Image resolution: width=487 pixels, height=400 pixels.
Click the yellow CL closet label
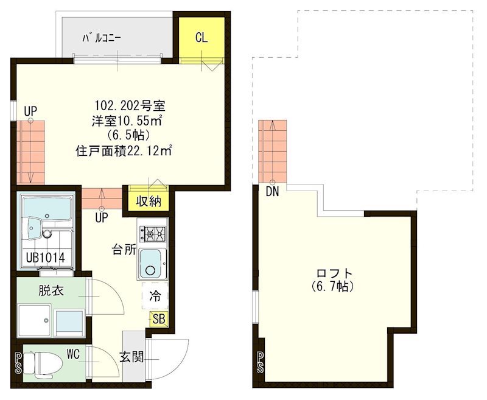tap(201, 38)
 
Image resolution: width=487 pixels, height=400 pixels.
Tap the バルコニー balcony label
tap(102, 38)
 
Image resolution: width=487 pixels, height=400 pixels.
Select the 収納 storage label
tap(149, 202)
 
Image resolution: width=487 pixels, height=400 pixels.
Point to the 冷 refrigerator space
tap(155, 297)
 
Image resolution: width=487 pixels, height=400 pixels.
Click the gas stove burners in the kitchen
tap(153, 234)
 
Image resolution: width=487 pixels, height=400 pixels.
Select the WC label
tap(74, 353)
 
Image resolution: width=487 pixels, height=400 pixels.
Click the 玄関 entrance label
tap(131, 357)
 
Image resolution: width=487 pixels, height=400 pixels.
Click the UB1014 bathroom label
tap(45, 258)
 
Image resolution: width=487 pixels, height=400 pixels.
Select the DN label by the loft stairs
tap(272, 194)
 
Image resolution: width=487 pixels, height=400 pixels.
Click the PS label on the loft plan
tap(260, 363)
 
